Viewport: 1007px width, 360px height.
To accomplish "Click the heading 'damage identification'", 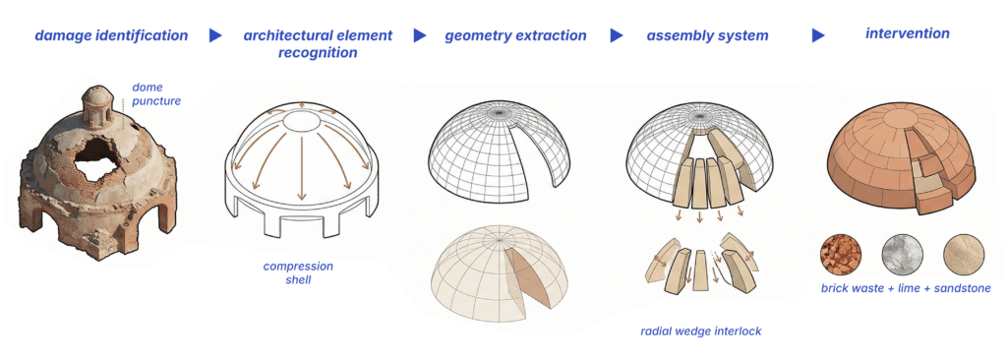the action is [x=111, y=35].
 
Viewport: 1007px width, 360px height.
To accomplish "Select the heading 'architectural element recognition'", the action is [x=318, y=43].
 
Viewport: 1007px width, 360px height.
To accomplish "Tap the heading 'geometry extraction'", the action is [x=515, y=36].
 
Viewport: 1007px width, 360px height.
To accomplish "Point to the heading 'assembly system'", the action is [x=707, y=36].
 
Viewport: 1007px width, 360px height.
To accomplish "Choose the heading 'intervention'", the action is [x=908, y=32].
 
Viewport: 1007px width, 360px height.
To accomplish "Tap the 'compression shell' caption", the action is [x=298, y=272].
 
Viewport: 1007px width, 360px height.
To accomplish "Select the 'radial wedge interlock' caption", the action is [x=700, y=331].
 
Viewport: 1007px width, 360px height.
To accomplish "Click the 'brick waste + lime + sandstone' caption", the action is [x=906, y=288].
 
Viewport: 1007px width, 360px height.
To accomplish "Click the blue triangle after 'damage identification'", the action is [x=215, y=35].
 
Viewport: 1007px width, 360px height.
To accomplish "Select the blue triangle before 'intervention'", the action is [x=817, y=35].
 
